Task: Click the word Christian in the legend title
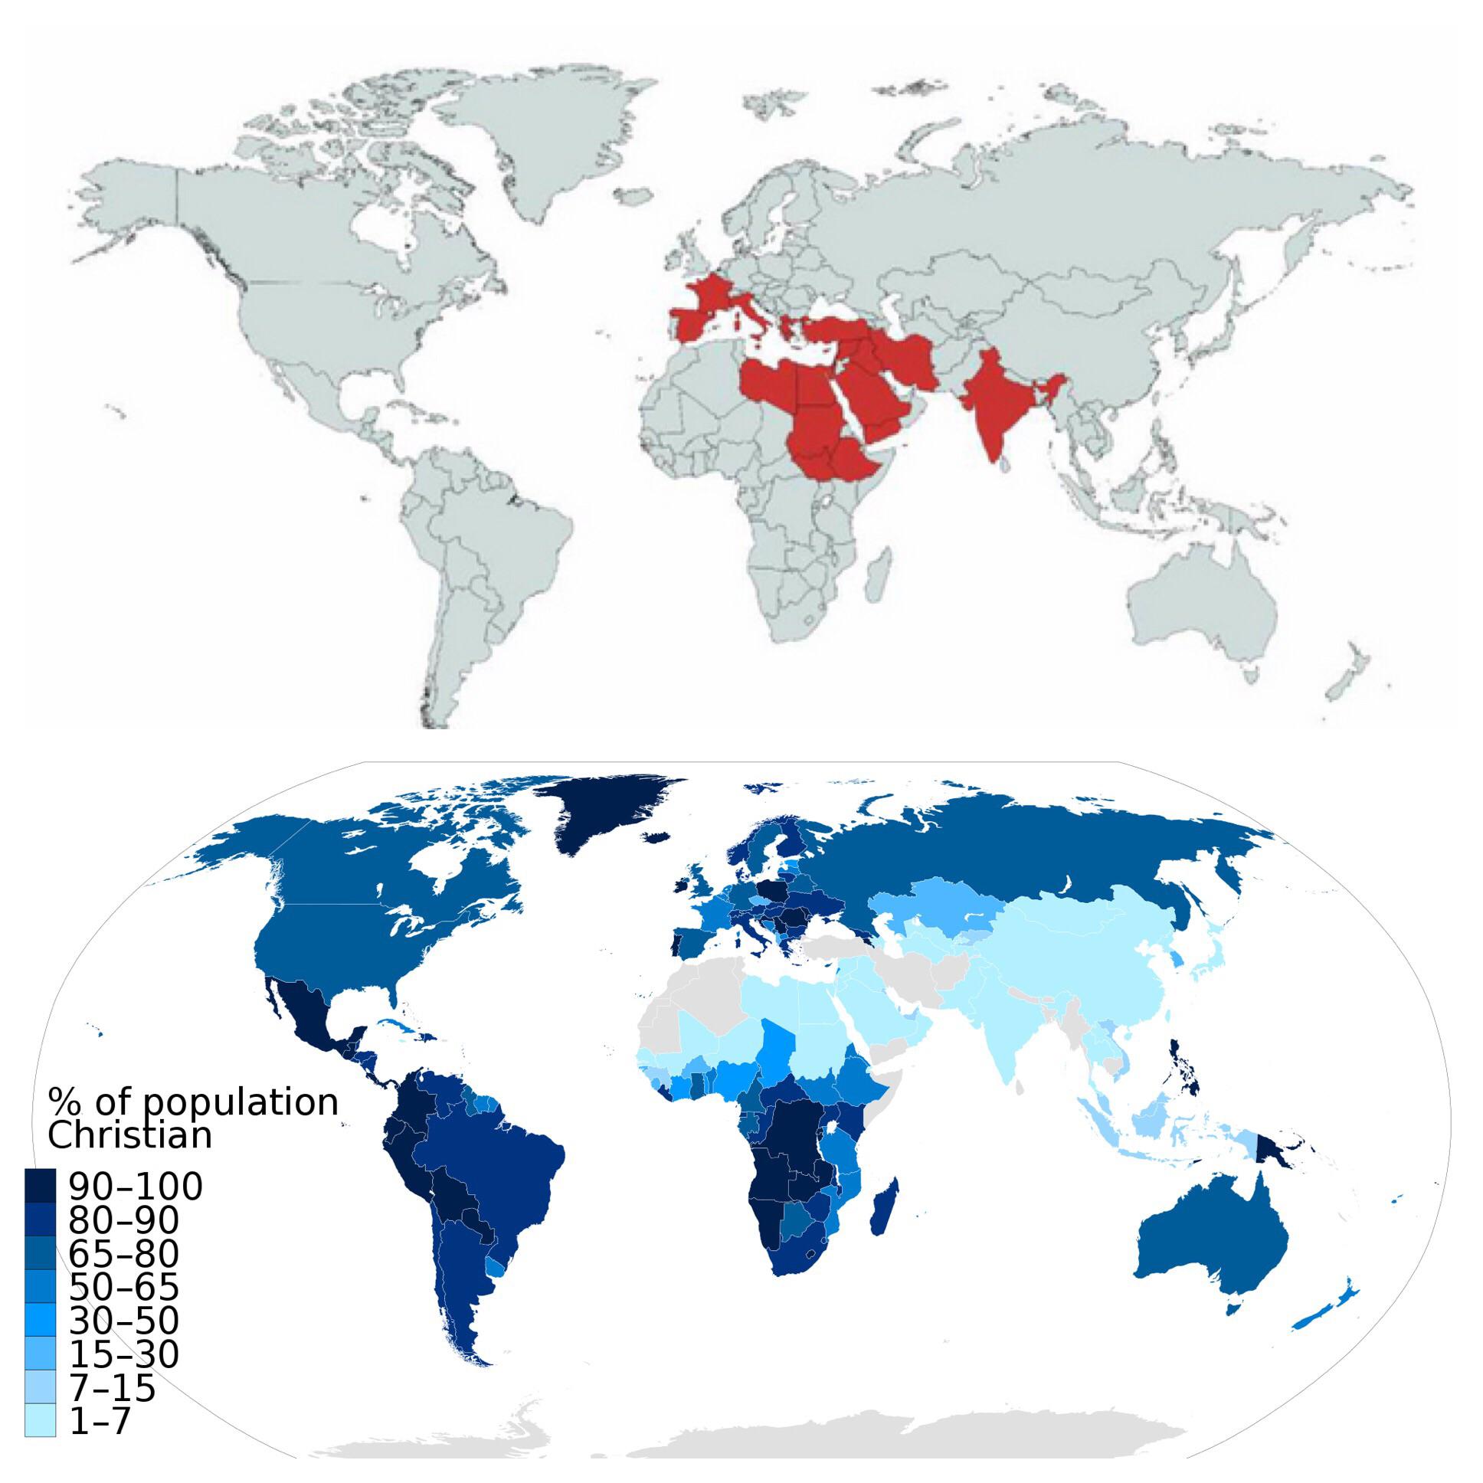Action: click(129, 1135)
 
